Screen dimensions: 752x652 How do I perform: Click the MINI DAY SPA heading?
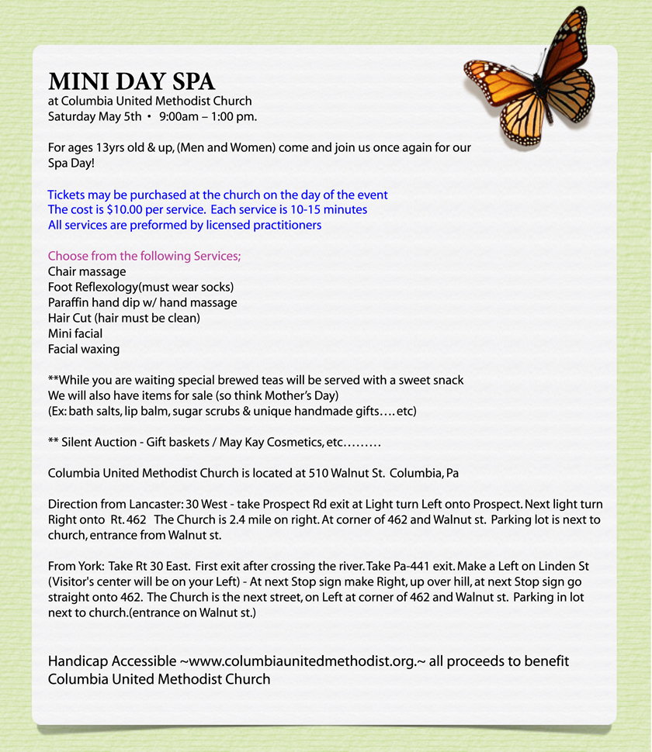point(131,82)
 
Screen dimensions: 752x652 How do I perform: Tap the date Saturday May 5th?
point(95,117)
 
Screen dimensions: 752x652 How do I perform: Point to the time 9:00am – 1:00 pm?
point(208,117)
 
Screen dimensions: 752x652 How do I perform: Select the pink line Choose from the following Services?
point(144,257)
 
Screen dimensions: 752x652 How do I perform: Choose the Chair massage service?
point(87,272)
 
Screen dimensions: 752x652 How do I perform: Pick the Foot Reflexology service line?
point(140,288)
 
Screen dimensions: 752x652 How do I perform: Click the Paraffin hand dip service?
point(142,303)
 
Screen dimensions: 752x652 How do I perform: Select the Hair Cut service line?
point(124,319)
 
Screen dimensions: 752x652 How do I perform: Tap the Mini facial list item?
point(75,334)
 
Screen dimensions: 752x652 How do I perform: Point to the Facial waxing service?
point(84,350)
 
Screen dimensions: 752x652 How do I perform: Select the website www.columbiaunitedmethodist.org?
point(307,661)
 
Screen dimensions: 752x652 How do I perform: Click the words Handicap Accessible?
point(112,661)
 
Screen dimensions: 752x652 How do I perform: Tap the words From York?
point(75,567)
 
